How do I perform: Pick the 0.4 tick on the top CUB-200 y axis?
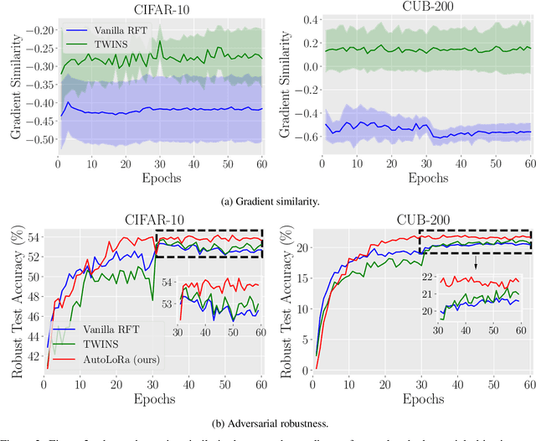pos(298,18)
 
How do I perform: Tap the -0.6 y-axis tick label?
pos(296,137)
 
